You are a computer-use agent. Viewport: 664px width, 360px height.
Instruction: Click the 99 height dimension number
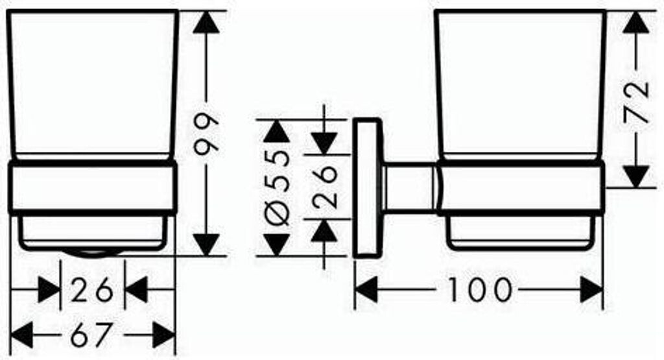(206, 132)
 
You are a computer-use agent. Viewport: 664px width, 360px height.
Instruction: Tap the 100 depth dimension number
(480, 290)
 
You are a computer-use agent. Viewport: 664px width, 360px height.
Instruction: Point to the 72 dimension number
(636, 102)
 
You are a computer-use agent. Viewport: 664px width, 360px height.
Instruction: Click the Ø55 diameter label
(277, 187)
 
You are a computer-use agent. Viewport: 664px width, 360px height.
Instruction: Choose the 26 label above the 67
(92, 290)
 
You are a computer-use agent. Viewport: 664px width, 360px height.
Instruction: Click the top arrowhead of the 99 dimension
(206, 22)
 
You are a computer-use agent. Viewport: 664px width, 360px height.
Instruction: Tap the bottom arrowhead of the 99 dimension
(206, 245)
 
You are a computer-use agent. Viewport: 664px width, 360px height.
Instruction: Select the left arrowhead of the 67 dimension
(21, 335)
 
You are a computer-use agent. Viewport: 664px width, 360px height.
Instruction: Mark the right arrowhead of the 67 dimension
(164, 335)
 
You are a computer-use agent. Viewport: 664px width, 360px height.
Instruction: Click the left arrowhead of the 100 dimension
(366, 290)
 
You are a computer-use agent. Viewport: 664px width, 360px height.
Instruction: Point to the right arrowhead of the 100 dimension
(591, 290)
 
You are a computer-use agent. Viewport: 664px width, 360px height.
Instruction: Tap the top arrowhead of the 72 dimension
(636, 22)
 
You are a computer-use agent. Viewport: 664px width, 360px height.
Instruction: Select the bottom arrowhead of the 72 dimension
(636, 176)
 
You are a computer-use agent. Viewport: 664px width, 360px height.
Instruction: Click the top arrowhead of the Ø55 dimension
(277, 131)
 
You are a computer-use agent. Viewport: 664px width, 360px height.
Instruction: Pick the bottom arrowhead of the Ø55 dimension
(277, 245)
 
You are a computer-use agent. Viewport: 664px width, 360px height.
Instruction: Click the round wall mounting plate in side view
(368, 187)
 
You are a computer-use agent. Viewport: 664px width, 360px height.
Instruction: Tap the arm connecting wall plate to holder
(410, 187)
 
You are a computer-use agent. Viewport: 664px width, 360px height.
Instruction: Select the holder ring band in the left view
(93, 187)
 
